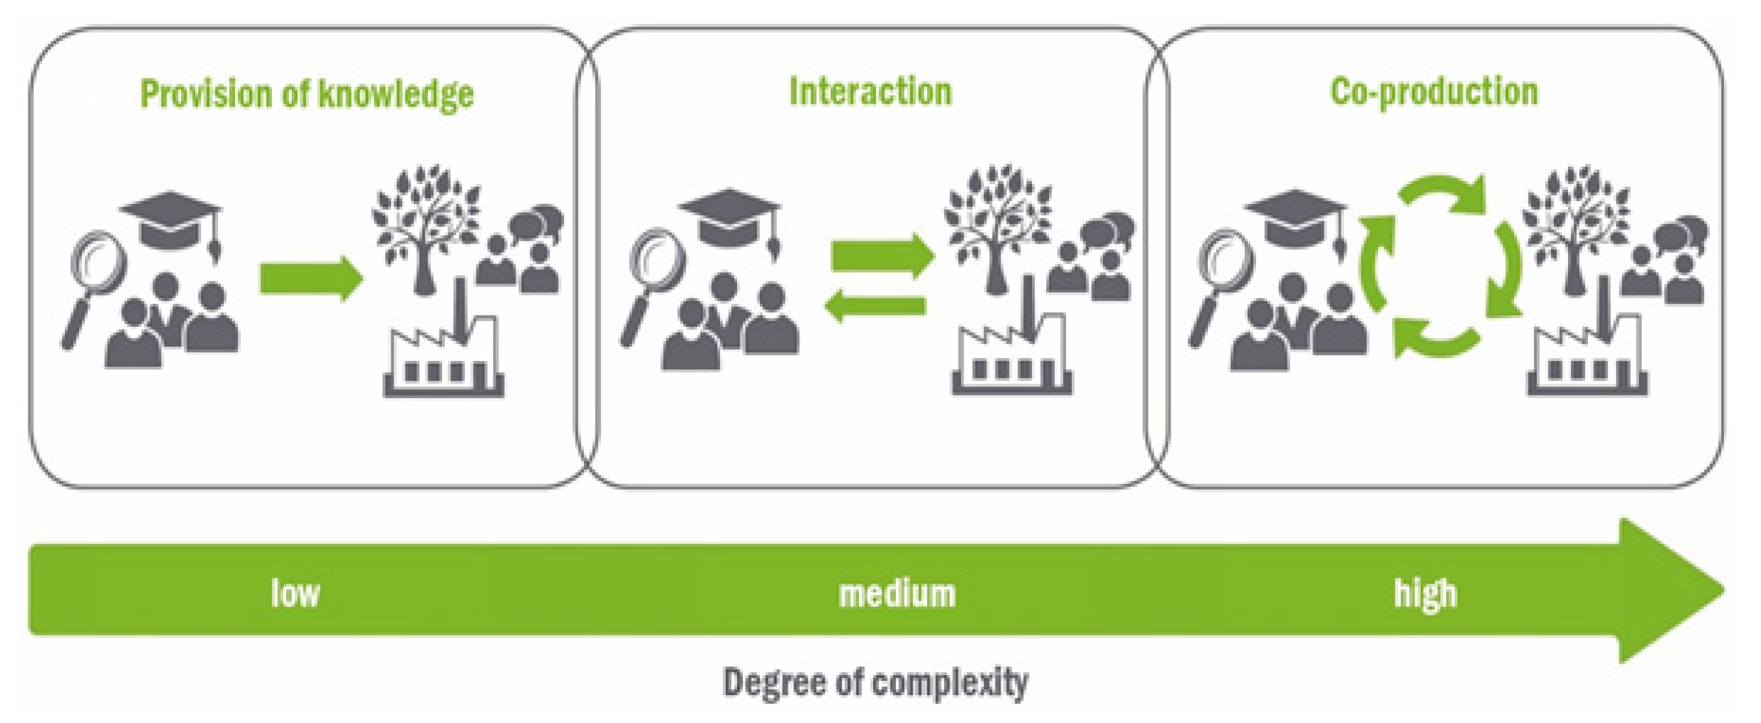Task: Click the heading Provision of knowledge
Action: pyautogui.click(x=306, y=95)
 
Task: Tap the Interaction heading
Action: pyautogui.click(x=870, y=92)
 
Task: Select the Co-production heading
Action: pyautogui.click(x=1434, y=92)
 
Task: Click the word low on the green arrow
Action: pyautogui.click(x=295, y=593)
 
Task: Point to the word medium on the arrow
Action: pyautogui.click(x=897, y=593)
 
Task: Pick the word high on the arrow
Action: pyautogui.click(x=1425, y=593)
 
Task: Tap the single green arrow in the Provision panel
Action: pyautogui.click(x=311, y=278)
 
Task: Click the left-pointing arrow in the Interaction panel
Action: pyautogui.click(x=875, y=306)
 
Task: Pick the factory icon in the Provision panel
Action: pyautogui.click(x=443, y=361)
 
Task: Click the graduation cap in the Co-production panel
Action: pyautogui.click(x=1295, y=217)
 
